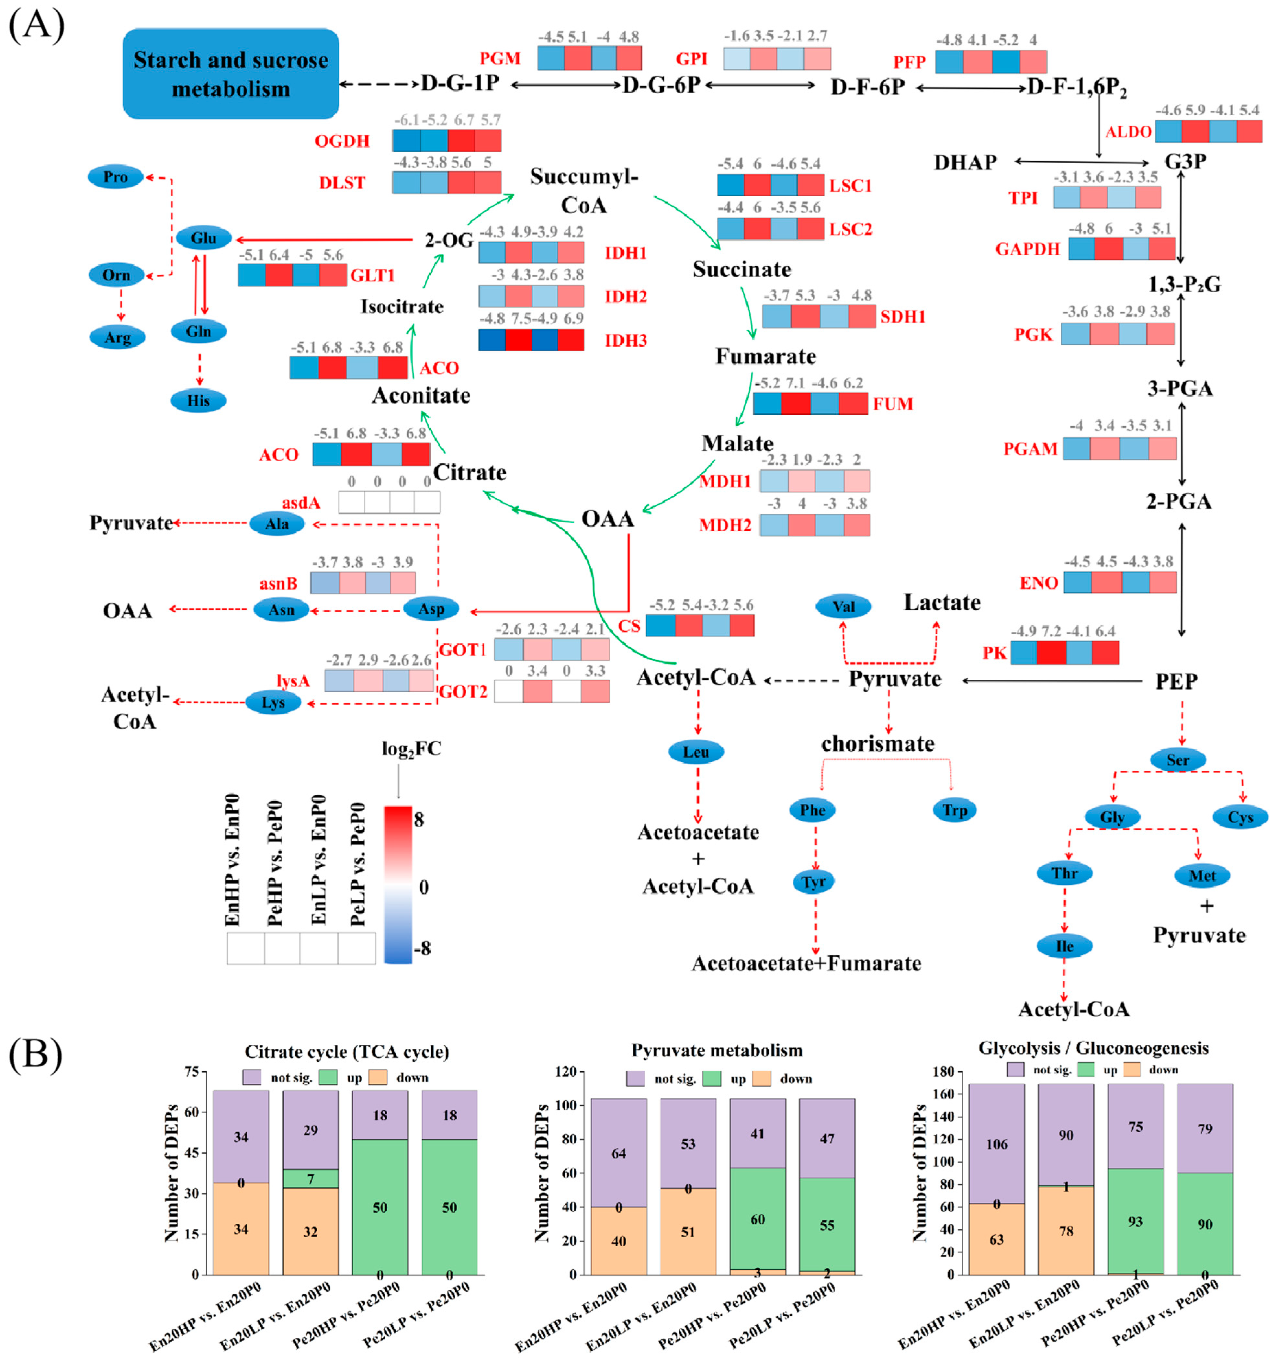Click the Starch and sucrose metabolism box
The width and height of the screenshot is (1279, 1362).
231,74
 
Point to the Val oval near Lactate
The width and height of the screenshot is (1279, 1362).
843,606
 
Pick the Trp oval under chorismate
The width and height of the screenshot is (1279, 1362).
955,811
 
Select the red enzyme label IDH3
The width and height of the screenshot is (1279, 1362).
625,340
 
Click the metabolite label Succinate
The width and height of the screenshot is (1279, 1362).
741,269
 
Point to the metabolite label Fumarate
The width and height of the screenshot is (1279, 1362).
765,356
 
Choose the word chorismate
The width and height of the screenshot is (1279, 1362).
878,744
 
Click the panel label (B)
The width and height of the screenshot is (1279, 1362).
36,1055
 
